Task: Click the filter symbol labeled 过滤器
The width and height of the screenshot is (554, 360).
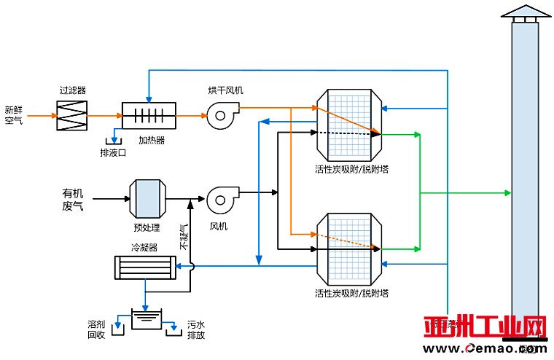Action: pyautogui.click(x=71, y=115)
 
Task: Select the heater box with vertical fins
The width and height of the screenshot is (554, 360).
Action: pyautogui.click(x=149, y=115)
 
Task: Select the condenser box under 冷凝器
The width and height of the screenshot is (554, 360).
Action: pyautogui.click(x=146, y=267)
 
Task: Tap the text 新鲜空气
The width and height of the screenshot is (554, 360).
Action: pyautogui.click(x=13, y=114)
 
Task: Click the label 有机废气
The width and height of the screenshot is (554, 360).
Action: pyautogui.click(x=73, y=200)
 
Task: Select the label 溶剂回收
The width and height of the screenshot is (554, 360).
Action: pyautogui.click(x=96, y=329)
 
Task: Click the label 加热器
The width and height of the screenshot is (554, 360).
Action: pyautogui.click(x=152, y=139)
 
